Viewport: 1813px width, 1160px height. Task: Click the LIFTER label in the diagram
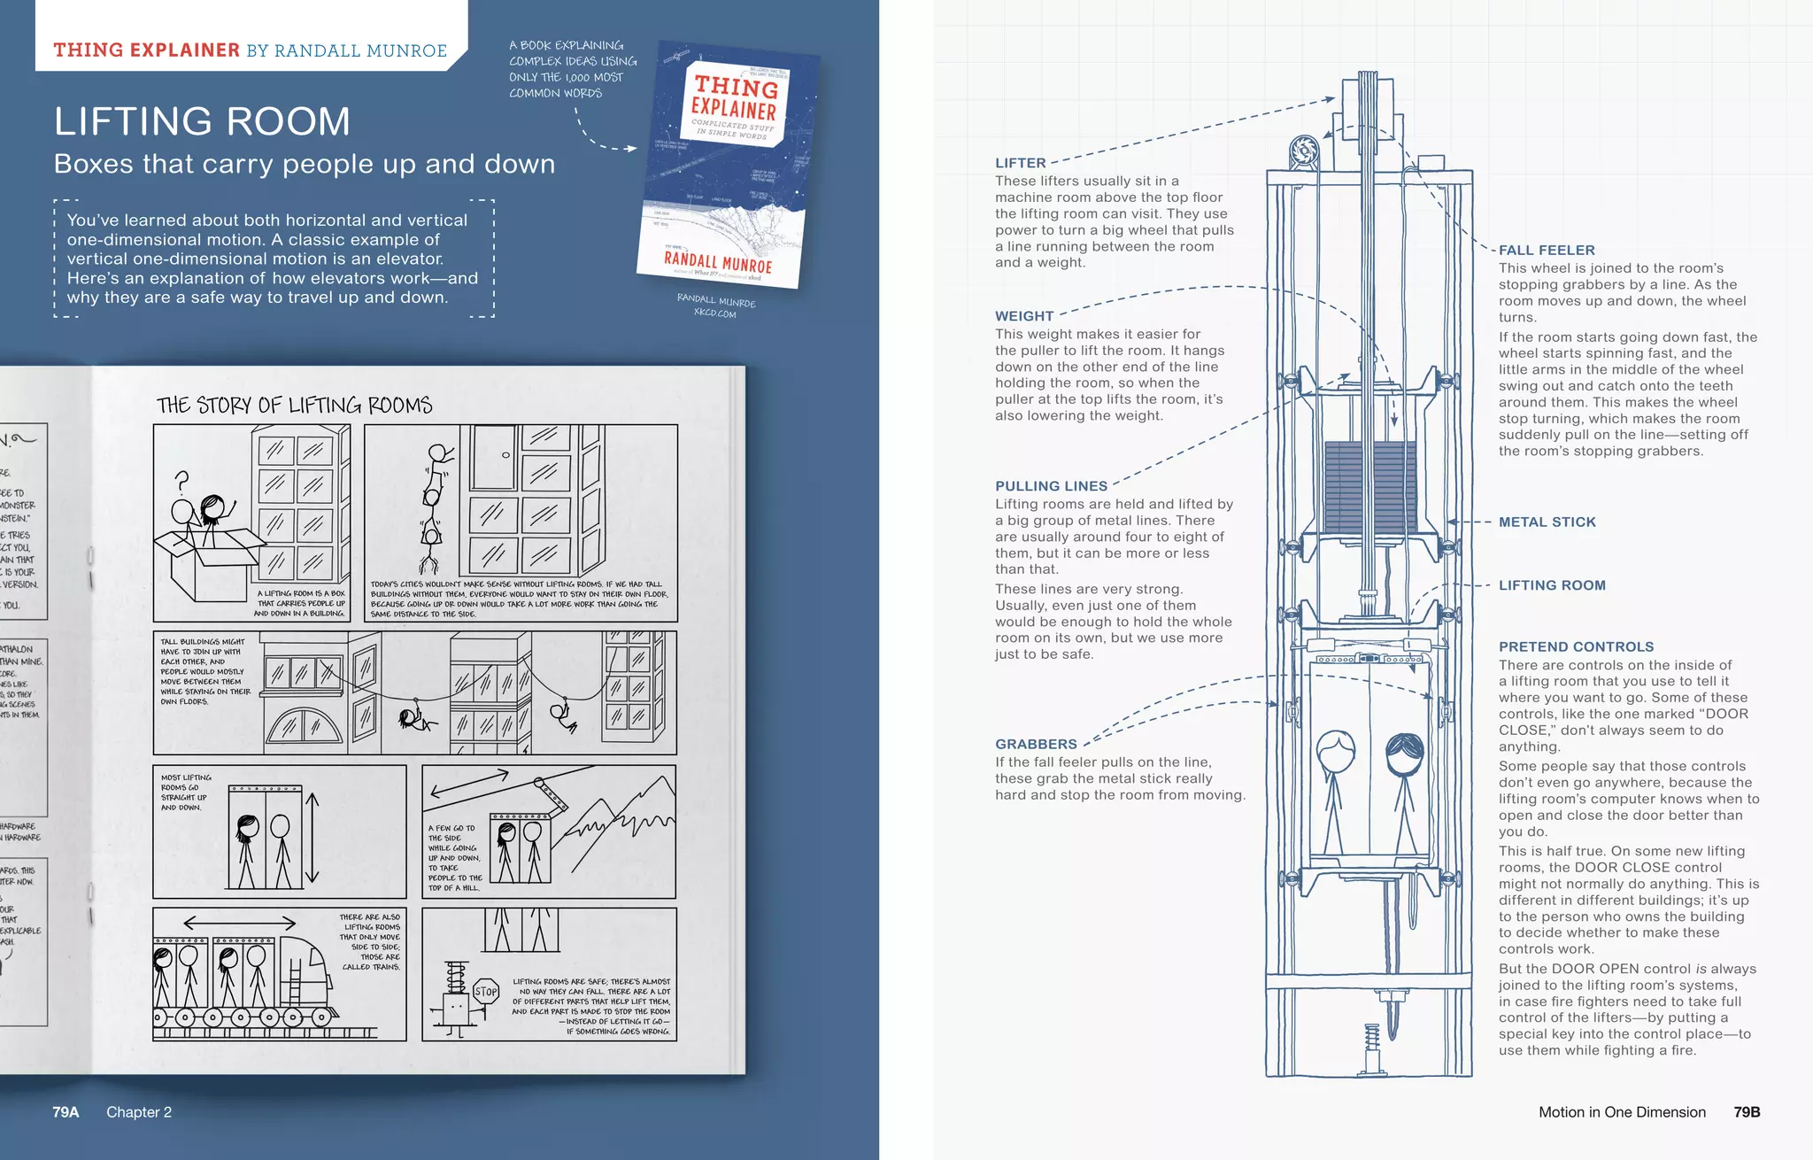[x=1020, y=163]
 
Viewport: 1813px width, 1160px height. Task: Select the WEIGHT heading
[x=1024, y=316]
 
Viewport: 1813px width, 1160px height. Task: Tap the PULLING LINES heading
[x=1051, y=486]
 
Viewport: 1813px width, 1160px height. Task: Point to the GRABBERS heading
[x=1036, y=745]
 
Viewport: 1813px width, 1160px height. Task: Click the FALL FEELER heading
[x=1547, y=251]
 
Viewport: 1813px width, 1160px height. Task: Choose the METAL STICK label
[x=1547, y=522]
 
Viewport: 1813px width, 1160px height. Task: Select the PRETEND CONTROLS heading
[x=1576, y=647]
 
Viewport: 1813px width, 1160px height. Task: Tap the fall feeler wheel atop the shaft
[x=1304, y=151]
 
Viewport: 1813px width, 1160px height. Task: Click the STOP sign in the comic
[x=486, y=992]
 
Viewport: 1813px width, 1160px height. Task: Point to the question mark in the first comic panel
[x=182, y=481]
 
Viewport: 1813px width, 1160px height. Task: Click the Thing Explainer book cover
[x=728, y=164]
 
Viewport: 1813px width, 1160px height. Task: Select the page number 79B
[x=1747, y=1112]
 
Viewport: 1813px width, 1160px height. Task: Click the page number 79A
[x=66, y=1112]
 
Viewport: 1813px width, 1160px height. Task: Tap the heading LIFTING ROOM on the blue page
[x=202, y=121]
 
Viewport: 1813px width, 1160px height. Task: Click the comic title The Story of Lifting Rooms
[x=294, y=406]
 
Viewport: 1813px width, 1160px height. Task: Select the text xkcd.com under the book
[x=714, y=313]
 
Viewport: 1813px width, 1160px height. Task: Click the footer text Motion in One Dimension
[x=1622, y=1112]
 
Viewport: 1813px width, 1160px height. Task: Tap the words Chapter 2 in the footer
[x=139, y=1112]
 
